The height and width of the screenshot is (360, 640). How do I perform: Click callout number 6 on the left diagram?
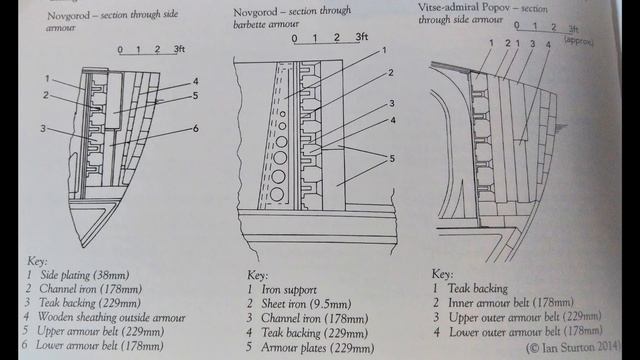pos(196,129)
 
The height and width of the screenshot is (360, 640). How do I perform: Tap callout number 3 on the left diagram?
pos(43,129)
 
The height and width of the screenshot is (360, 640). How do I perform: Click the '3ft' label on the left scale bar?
pos(179,49)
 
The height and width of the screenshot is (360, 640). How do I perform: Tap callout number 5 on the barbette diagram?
pos(392,158)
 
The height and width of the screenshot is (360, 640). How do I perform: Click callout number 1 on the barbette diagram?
pos(384,50)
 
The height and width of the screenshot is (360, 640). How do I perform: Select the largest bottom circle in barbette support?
pos(277,194)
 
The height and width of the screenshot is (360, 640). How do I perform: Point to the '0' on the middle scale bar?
pos(294,39)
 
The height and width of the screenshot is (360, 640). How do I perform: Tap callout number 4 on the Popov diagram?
pos(548,44)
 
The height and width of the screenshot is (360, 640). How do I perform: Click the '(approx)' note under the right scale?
pos(579,40)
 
